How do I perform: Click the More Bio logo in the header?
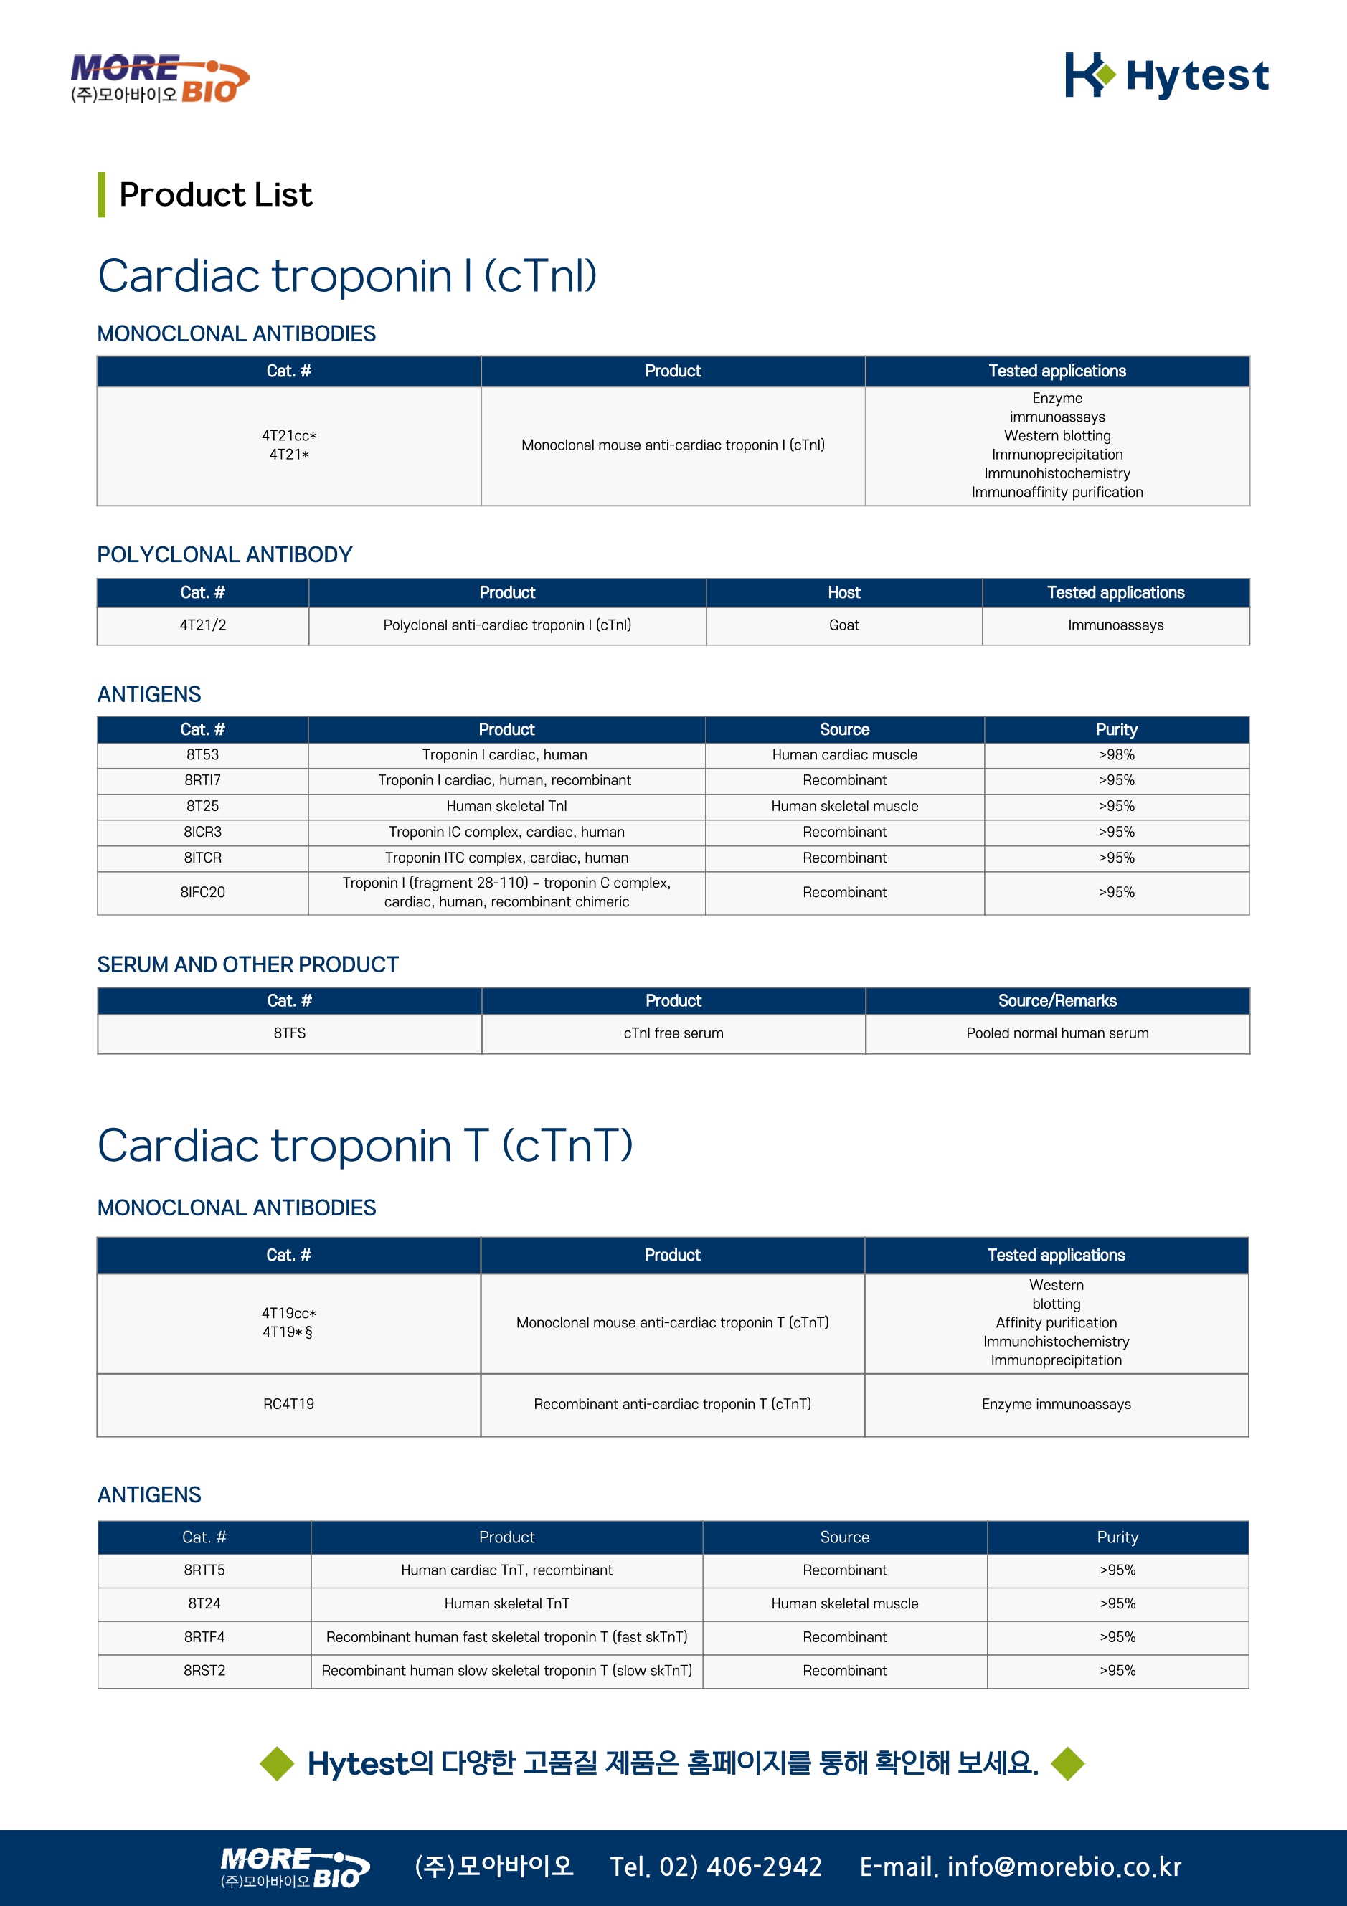[x=159, y=80]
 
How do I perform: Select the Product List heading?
[x=215, y=195]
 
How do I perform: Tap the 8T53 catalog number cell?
[x=203, y=754]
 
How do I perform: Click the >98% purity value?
[x=1116, y=754]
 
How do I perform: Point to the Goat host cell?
[x=843, y=625]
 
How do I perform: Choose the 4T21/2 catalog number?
[x=203, y=625]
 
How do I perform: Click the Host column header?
[x=843, y=593]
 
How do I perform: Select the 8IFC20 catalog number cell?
[x=203, y=892]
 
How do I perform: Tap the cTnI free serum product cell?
[x=673, y=1033]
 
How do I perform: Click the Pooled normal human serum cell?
[x=1057, y=1033]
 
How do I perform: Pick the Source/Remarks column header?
[x=1057, y=1001]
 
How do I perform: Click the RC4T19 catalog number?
[x=288, y=1404]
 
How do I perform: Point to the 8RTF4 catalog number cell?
[x=204, y=1637]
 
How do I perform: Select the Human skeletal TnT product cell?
[x=506, y=1604]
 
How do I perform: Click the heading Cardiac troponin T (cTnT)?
[x=365, y=1147]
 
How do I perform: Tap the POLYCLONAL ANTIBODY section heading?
[x=225, y=554]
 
